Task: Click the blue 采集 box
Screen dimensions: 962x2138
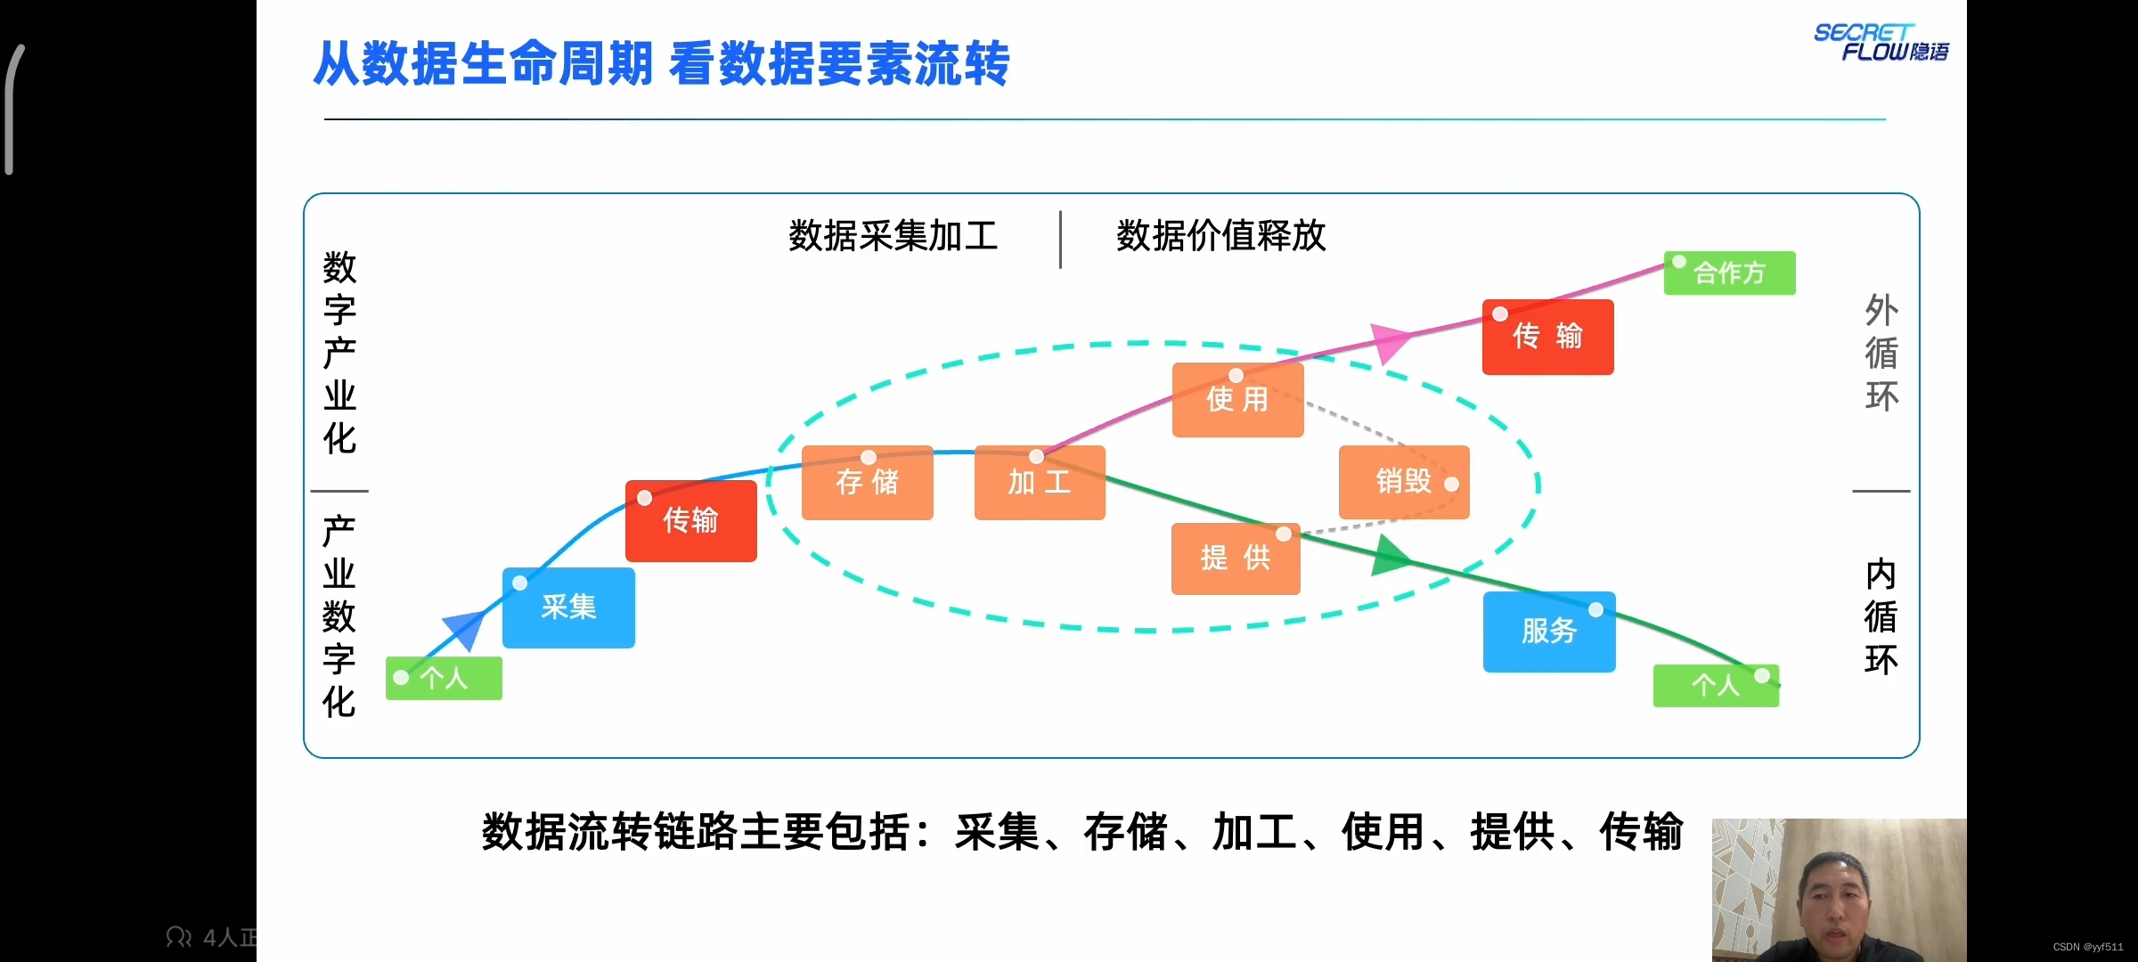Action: click(568, 607)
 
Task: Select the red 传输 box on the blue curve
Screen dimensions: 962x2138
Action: click(690, 520)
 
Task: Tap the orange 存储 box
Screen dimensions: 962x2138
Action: click(867, 482)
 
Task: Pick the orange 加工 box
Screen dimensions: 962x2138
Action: click(1040, 482)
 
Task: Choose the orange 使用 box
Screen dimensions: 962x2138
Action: click(1237, 399)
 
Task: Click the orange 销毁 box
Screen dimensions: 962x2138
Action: click(1403, 482)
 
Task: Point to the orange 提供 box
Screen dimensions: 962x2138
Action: click(1236, 558)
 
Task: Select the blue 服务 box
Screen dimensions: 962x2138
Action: click(1549, 632)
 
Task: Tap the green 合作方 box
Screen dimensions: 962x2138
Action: click(1729, 273)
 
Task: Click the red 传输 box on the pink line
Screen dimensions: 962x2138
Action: click(1547, 337)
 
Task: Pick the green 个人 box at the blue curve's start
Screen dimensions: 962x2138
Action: click(444, 679)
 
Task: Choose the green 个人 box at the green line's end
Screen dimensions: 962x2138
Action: click(1715, 686)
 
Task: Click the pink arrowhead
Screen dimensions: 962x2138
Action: click(1390, 340)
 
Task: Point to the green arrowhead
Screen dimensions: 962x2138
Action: click(1391, 557)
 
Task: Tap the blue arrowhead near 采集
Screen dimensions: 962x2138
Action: click(464, 628)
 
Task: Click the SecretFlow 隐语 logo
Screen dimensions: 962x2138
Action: click(1881, 42)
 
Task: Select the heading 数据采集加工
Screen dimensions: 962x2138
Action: click(893, 236)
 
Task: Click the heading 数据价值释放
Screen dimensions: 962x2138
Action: click(1221, 236)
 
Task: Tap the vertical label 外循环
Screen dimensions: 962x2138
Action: click(1881, 353)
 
